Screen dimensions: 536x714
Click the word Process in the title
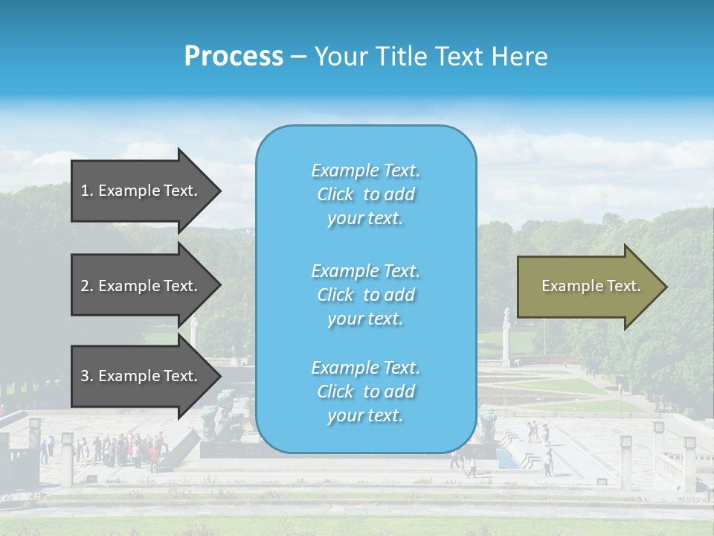tap(234, 57)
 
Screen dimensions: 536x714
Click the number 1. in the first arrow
tap(87, 191)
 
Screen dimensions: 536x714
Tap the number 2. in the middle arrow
tap(87, 286)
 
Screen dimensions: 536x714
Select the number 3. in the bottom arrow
tap(87, 376)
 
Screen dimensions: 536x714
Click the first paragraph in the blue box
tap(365, 194)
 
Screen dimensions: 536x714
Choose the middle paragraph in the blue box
tap(365, 295)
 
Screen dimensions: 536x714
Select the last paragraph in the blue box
tap(365, 392)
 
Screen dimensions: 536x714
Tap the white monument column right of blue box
tap(506, 335)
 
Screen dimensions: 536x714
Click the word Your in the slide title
tap(341, 57)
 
